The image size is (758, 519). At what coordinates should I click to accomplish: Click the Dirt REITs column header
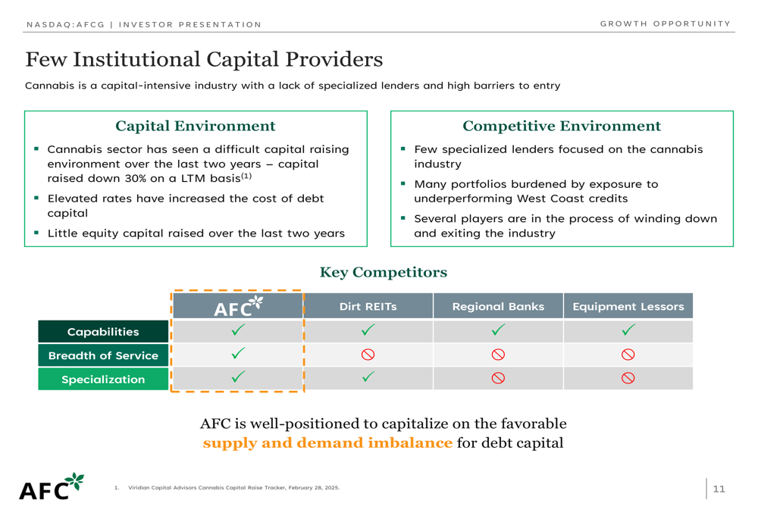(368, 306)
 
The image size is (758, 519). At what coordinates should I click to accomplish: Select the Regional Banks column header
(498, 306)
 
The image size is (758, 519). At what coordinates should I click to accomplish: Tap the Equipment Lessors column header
(628, 306)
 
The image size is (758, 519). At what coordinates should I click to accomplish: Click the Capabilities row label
(103, 332)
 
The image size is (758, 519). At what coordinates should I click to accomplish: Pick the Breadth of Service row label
(103, 355)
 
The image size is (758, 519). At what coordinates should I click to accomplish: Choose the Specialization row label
(103, 380)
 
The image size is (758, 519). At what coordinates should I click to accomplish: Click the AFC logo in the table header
(238, 306)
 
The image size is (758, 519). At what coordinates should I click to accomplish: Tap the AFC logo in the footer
(52, 486)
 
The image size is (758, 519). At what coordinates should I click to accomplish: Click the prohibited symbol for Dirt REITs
(368, 355)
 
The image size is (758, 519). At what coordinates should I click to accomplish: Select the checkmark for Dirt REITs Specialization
(368, 377)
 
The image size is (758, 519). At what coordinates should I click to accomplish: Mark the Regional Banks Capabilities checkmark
(498, 330)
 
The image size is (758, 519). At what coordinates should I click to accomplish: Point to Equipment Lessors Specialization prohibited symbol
(628, 378)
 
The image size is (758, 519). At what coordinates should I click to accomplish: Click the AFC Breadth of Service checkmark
(238, 353)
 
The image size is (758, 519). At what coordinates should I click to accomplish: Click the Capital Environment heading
(196, 126)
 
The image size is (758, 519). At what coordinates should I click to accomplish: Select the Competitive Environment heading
(562, 126)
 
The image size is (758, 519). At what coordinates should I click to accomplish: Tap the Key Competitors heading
(384, 273)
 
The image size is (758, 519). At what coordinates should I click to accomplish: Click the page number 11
(719, 489)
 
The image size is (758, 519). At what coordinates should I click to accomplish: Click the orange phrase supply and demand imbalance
(327, 442)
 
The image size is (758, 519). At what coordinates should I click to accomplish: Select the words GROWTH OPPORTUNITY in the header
(666, 23)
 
